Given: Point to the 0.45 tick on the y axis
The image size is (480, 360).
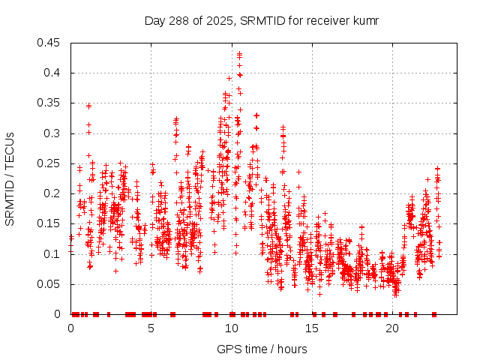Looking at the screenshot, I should pos(50,43).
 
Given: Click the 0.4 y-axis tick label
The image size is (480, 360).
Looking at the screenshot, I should pos(53,73).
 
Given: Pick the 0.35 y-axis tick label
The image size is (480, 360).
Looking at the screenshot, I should pos(50,103).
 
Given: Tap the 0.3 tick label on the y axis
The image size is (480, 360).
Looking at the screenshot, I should pos(53,133).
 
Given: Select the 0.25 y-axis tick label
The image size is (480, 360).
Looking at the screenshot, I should pos(50,163).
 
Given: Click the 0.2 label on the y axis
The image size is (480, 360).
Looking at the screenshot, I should pos(53,193).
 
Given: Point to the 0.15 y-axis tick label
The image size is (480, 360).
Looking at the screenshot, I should pos(50,224).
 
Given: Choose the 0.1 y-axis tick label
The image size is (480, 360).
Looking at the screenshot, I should pos(53,254).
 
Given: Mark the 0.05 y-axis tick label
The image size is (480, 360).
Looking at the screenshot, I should pos(50,284).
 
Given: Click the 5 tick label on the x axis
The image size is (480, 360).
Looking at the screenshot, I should pos(151,328).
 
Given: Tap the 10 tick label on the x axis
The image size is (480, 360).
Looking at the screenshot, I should pos(232,328).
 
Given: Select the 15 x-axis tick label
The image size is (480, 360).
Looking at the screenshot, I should pos(312,328).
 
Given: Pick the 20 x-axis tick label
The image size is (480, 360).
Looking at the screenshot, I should pos(392,328).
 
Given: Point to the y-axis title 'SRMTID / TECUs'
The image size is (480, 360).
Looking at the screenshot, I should pos(10,178).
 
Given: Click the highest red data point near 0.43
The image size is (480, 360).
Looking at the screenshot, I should pos(239,54).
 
